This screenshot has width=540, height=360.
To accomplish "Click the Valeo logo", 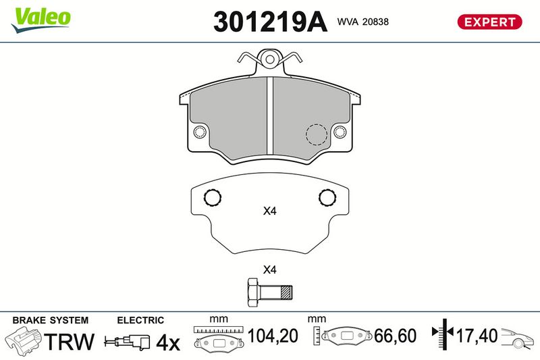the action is pos(41,20).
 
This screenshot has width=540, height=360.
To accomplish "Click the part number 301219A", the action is pos(271,22).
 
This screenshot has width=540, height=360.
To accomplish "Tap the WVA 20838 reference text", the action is pos(362,22).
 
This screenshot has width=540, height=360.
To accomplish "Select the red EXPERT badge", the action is pos(489,22).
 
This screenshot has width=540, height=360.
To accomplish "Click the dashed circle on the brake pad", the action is pos(317,134).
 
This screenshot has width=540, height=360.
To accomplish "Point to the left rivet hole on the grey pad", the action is pos(200,132).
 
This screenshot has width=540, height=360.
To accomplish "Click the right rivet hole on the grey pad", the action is pos(340,132).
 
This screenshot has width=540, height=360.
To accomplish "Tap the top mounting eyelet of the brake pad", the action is pos(270,59).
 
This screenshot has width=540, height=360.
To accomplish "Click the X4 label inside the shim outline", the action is pos(270,211).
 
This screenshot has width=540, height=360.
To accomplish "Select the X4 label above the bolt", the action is pos(270,269).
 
